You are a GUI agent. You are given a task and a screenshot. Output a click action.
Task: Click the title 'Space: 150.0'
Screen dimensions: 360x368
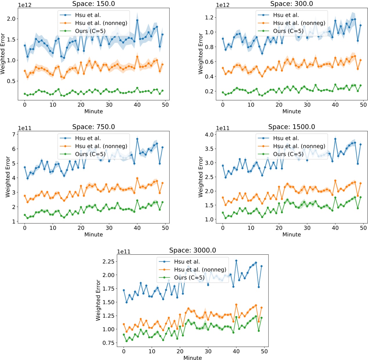click(93, 4)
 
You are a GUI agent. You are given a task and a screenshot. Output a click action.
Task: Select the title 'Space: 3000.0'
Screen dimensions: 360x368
click(192, 250)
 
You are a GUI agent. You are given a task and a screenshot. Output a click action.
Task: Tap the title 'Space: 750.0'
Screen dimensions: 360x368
click(93, 127)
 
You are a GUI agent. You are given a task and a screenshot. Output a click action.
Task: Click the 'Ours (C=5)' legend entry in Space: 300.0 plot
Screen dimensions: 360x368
click(288, 31)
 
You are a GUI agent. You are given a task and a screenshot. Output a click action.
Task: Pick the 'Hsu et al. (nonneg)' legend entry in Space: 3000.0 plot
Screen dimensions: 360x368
click(200, 270)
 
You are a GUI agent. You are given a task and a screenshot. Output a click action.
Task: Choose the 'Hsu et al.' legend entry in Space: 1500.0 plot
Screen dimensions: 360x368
click(286, 138)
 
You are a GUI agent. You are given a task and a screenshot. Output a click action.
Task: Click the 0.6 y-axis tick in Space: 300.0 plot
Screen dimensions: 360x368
click(209, 62)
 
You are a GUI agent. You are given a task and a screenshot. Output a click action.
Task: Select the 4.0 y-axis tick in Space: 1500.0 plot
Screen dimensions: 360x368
click(209, 135)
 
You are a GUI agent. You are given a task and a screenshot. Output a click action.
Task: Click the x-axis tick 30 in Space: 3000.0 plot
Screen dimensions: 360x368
click(208, 351)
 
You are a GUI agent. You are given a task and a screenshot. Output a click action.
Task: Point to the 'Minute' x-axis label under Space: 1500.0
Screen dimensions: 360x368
click(291, 234)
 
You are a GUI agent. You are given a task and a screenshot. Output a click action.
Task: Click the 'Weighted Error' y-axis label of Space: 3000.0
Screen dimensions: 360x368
click(98, 300)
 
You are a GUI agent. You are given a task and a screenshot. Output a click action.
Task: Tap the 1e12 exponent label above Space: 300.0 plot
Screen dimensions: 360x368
click(223, 5)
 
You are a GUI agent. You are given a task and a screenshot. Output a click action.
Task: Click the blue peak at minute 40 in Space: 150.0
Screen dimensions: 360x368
click(137, 20)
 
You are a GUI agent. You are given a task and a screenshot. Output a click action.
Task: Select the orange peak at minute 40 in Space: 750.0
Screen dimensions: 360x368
click(137, 178)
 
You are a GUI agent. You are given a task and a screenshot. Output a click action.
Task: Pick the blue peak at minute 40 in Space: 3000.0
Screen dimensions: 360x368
click(236, 261)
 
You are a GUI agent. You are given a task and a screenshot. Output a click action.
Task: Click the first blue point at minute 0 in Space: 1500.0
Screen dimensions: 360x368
click(223, 166)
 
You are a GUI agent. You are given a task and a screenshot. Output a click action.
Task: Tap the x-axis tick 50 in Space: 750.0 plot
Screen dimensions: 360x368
click(165, 228)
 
